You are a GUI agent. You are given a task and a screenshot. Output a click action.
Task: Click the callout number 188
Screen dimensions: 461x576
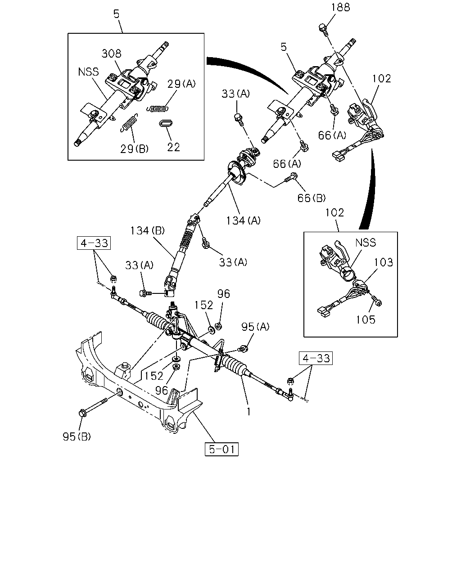tap(340, 7)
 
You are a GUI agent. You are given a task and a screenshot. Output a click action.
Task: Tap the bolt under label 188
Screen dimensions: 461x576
tap(323, 29)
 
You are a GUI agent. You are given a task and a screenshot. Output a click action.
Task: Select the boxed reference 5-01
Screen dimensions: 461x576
tap(221, 449)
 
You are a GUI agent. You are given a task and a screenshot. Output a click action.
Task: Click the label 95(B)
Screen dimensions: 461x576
tap(77, 436)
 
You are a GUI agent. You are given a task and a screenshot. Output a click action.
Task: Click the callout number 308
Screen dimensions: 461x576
tap(112, 54)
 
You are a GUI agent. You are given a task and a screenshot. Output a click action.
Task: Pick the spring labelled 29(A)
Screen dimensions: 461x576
tap(158, 108)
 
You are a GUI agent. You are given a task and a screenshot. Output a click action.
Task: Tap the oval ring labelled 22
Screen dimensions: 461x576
tap(166, 123)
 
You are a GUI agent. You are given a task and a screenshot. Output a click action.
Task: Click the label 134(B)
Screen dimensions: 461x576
tap(147, 230)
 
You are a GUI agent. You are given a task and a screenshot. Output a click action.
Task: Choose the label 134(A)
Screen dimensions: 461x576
tap(243, 220)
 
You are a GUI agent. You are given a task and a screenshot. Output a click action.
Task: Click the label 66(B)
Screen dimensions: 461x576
tap(312, 198)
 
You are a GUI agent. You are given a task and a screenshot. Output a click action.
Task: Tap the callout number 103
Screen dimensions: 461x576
tap(383, 262)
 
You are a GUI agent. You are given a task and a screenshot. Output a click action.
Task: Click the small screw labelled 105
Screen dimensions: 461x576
tap(376, 301)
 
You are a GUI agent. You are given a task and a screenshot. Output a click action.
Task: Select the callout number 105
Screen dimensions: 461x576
tap(366, 319)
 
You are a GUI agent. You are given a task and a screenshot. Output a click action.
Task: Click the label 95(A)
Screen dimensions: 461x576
tap(255, 327)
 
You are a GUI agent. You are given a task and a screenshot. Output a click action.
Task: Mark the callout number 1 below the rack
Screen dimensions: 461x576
tap(249, 412)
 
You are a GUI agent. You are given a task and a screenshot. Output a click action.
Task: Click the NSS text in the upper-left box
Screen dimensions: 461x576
tap(88, 72)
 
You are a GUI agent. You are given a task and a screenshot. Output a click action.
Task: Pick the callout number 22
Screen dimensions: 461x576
tap(173, 147)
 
